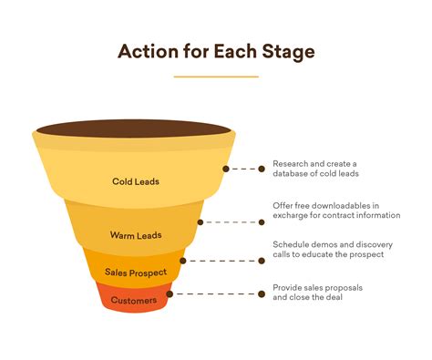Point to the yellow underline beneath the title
tap(216, 77)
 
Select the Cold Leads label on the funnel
tap(136, 181)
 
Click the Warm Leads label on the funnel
tap(136, 235)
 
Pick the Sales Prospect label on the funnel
tap(136, 272)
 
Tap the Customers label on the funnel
tap(134, 300)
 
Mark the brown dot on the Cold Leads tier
tap(225, 169)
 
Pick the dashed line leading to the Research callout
tap(246, 169)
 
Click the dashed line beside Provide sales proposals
tap(219, 294)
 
